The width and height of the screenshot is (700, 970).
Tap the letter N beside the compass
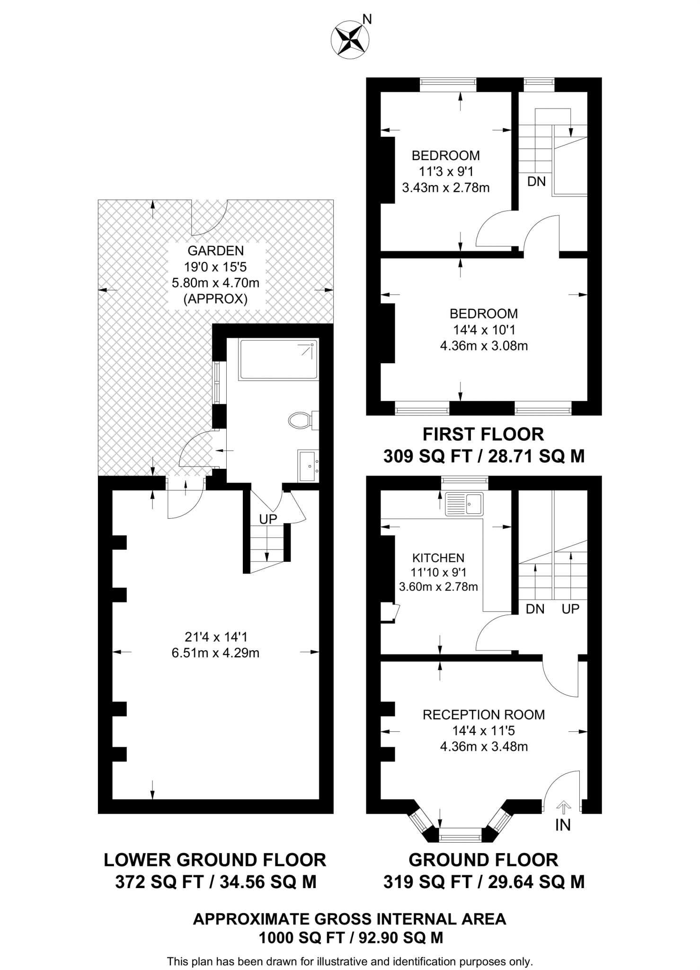click(x=367, y=19)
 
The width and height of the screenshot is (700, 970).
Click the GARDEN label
click(x=215, y=251)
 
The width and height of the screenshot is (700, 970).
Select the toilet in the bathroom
click(x=300, y=420)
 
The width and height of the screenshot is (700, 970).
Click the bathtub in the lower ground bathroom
click(x=278, y=359)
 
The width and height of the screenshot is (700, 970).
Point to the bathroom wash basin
click(x=308, y=466)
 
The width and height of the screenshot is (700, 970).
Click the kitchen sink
click(x=464, y=504)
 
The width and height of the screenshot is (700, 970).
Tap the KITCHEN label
click(x=438, y=558)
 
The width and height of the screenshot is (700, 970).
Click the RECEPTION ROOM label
click(x=484, y=715)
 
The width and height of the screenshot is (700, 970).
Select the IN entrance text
click(x=563, y=826)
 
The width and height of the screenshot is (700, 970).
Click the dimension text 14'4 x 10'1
click(x=484, y=330)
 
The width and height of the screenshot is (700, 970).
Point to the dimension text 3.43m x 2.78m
click(x=445, y=188)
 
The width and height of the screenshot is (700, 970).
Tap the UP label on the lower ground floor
click(x=268, y=519)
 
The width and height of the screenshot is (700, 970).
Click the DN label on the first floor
click(x=536, y=181)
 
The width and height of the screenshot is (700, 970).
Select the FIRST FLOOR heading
click(x=483, y=434)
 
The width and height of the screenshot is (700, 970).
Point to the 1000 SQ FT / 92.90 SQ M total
click(x=350, y=938)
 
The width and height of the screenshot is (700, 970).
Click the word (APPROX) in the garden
click(x=215, y=299)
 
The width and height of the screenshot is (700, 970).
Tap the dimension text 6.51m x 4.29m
click(x=215, y=653)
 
